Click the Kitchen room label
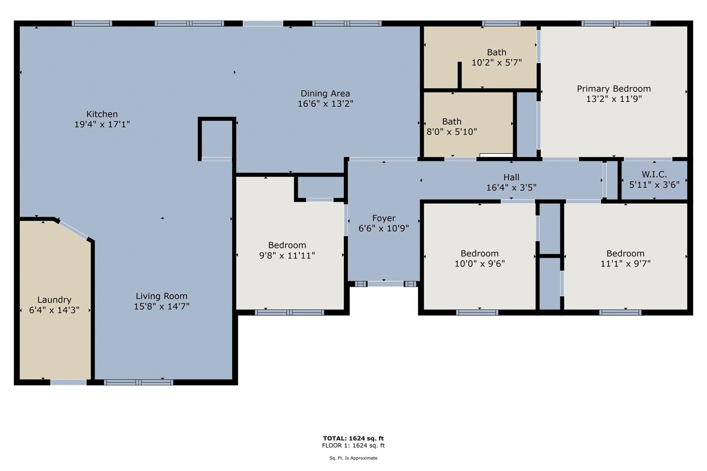[102, 114]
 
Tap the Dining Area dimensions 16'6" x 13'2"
[326, 104]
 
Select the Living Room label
[162, 296]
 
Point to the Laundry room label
[54, 300]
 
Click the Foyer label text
[384, 218]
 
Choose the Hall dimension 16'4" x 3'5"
[511, 187]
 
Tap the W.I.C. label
[654, 174]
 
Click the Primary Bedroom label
[614, 89]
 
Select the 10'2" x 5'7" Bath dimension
[496, 62]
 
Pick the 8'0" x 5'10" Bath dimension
[452, 132]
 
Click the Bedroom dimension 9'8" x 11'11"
[287, 255]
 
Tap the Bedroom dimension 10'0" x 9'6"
[480, 264]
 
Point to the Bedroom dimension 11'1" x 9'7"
[625, 264]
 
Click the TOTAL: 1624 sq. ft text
[353, 438]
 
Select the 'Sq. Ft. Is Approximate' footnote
[353, 458]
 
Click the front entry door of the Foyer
[385, 284]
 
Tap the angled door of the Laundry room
[73, 230]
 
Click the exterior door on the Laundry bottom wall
[68, 382]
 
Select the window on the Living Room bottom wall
[138, 382]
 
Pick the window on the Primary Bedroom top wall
[616, 23]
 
